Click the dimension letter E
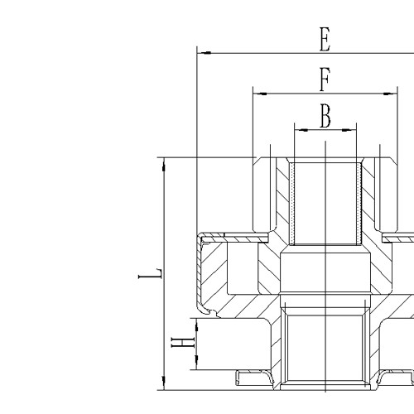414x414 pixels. coord(325,39)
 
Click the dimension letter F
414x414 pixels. coord(325,79)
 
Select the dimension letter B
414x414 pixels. coord(325,116)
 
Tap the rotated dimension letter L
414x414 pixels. coord(151,273)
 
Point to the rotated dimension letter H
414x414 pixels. coord(183,343)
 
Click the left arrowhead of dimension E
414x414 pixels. coord(205,53)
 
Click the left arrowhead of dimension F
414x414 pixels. coord(260,94)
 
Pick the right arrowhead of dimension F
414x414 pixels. coord(390,94)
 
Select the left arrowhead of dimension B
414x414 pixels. coord(302,130)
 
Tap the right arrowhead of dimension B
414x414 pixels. coord(349,130)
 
